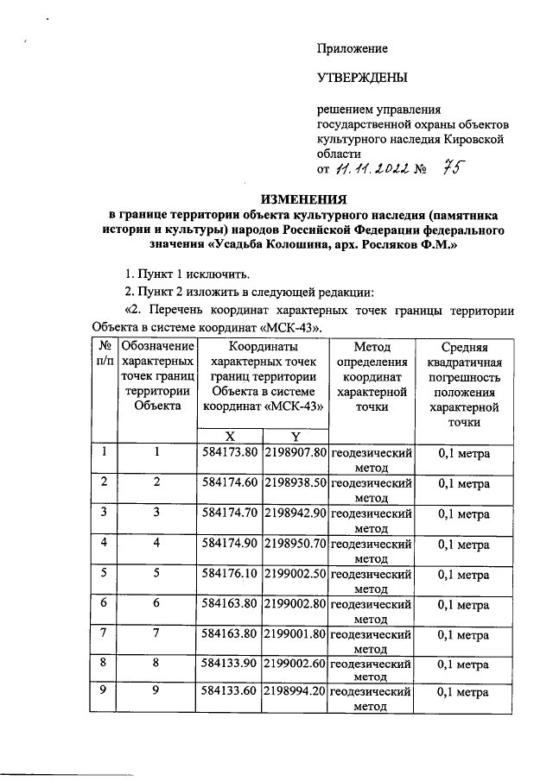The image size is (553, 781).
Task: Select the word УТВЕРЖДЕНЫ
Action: [361, 79]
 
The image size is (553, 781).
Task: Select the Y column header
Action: [295, 437]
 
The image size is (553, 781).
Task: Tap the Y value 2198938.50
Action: [295, 482]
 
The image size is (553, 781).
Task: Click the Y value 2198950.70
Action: [295, 545]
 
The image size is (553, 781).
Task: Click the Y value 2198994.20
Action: [295, 692]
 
